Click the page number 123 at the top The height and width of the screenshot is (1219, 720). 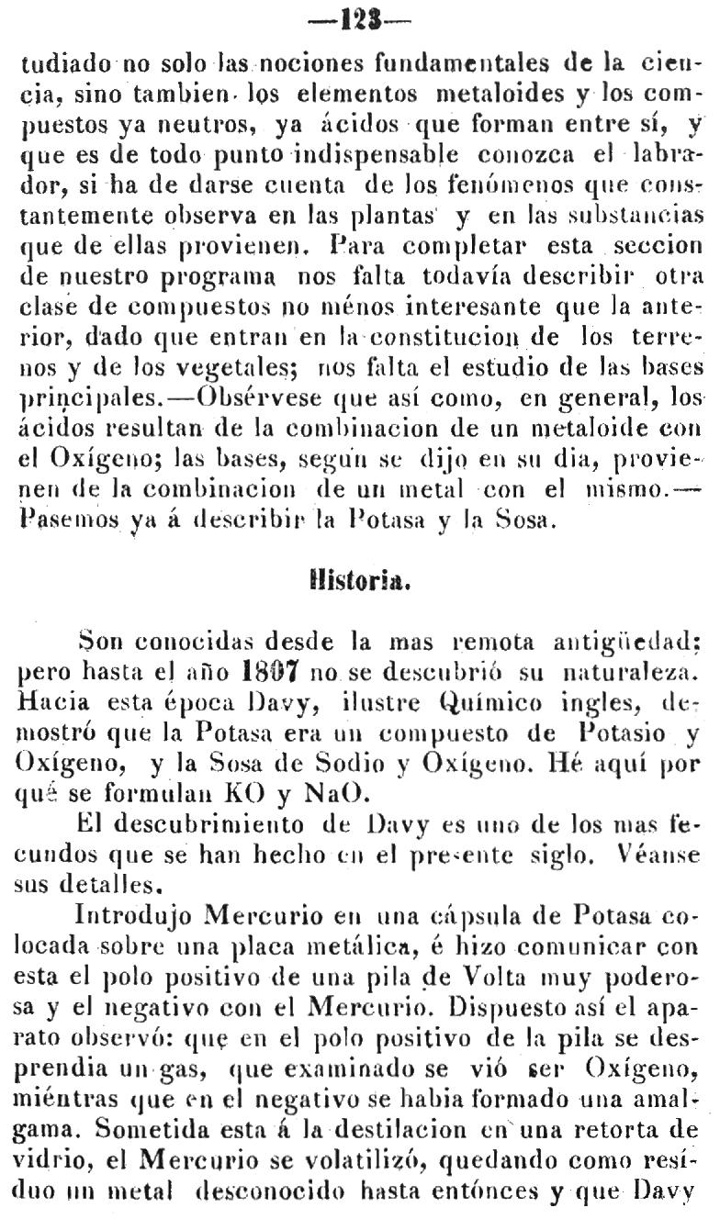[359, 18]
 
